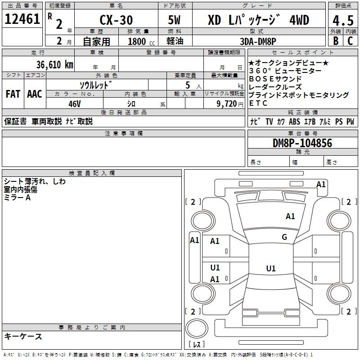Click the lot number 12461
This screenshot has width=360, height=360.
tap(22, 19)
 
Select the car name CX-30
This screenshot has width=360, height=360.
tap(116, 20)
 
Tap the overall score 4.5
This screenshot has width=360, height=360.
tap(343, 20)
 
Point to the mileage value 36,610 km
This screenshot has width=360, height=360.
tap(55, 65)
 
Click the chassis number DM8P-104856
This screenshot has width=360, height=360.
tap(302, 143)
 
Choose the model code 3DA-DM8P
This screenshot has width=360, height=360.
tap(258, 41)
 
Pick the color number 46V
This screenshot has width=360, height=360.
tap(75, 104)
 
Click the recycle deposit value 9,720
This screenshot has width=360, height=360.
tap(227, 104)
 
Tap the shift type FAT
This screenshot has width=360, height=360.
tap(13, 94)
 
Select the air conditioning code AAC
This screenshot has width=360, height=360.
tap(35, 94)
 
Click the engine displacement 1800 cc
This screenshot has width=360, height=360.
tap(141, 41)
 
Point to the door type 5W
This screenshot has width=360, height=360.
tap(174, 20)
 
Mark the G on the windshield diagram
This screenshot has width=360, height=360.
tap(284, 237)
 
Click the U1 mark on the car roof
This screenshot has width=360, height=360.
tap(271, 268)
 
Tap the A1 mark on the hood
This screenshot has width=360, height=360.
tap(290, 216)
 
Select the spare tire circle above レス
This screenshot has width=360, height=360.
tap(197, 328)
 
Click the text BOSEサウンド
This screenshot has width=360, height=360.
tap(275, 79)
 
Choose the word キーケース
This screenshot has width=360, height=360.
tap(23, 336)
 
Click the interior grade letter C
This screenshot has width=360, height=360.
tap(350, 41)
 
